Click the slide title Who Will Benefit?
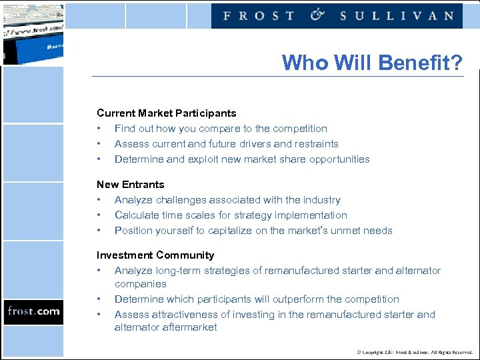pos(371,63)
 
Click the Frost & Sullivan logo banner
pos(337,15)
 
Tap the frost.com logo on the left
pos(33,311)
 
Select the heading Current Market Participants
pos(166,113)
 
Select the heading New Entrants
pos(130,185)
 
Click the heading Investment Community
pos(155,255)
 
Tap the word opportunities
pos(337,159)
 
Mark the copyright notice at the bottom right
pos(413,351)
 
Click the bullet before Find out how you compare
pos(99,129)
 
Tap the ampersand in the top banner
pos(317,15)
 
